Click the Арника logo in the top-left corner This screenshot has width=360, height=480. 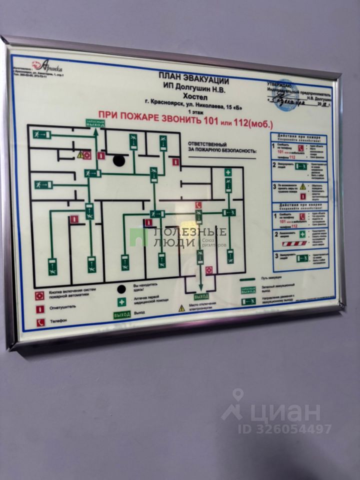(47, 65)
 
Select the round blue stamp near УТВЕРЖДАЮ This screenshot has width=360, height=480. (287, 95)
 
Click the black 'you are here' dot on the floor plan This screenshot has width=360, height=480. (118, 160)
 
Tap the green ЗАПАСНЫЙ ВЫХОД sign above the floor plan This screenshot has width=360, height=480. (94, 123)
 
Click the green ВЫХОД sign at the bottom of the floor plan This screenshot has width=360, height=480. (201, 296)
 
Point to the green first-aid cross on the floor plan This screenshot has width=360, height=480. (228, 173)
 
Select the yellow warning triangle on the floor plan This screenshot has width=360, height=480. (80, 154)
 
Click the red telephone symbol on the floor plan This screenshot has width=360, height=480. (198, 205)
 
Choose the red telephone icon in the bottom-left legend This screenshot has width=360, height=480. (40, 322)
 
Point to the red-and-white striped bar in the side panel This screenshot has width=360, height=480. (294, 243)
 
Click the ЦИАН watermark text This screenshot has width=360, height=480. (285, 413)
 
